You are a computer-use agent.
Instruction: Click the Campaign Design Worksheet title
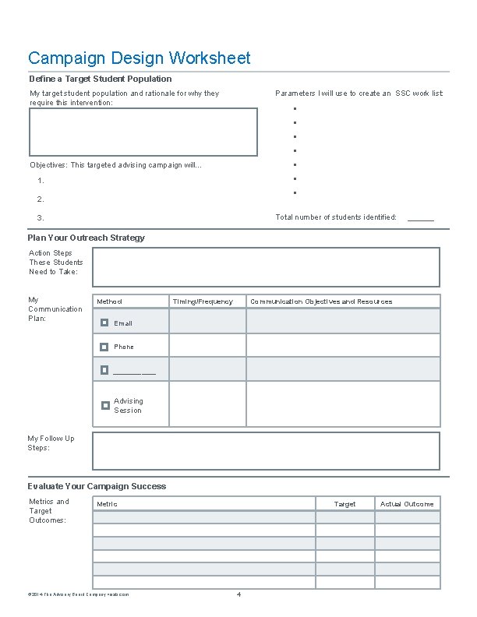coord(140,58)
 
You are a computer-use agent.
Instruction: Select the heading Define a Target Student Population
coord(101,79)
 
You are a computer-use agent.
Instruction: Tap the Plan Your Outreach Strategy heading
coord(87,238)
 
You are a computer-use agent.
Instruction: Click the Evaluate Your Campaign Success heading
coord(97,486)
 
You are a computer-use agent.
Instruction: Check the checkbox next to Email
coord(104,323)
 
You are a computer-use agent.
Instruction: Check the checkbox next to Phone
coord(104,347)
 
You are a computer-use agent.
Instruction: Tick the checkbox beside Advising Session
coord(104,405)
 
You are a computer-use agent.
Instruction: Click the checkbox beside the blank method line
coord(104,370)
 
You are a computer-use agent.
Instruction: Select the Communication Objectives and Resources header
coord(321,301)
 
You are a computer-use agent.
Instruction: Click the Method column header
coord(109,301)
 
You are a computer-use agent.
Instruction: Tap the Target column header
coord(344,504)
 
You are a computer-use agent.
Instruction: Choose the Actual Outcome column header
coord(407,504)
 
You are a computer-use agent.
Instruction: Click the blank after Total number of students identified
coord(421,218)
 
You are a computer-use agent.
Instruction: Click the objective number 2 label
coord(41,199)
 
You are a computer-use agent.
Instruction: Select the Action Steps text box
coord(266,267)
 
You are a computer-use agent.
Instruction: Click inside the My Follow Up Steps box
coord(266,451)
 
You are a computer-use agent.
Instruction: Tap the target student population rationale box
coord(143,132)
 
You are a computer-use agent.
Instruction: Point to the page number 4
coord(238,595)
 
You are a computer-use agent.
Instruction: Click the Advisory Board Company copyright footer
coord(79,594)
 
